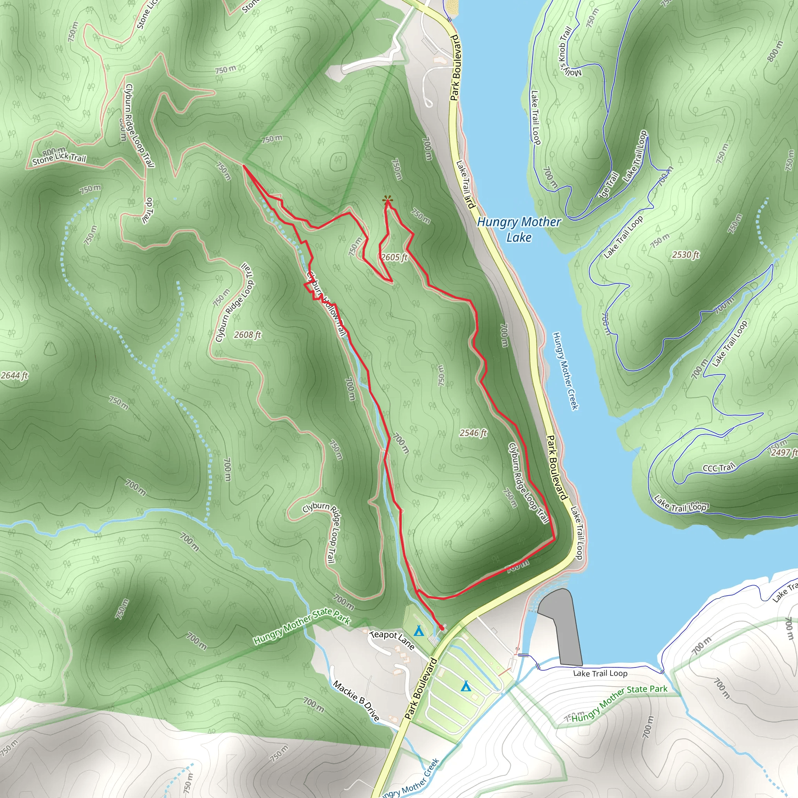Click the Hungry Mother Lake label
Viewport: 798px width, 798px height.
(519, 230)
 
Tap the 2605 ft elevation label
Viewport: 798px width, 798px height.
(394, 257)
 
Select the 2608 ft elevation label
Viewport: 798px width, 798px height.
(247, 335)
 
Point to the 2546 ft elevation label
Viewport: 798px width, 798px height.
(473, 433)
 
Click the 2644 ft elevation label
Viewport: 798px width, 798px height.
(14, 376)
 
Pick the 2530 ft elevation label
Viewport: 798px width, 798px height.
(686, 254)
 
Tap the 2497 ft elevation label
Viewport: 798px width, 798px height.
(784, 453)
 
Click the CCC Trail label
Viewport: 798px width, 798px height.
(719, 468)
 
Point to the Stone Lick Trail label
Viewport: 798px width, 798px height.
(59, 159)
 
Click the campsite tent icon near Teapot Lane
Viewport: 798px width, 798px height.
(418, 631)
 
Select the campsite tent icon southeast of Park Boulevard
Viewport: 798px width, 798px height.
(466, 686)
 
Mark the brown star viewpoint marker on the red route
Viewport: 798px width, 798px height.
(387, 201)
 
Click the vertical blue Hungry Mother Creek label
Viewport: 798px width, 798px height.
(565, 371)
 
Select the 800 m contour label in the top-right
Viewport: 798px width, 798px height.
(775, 51)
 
